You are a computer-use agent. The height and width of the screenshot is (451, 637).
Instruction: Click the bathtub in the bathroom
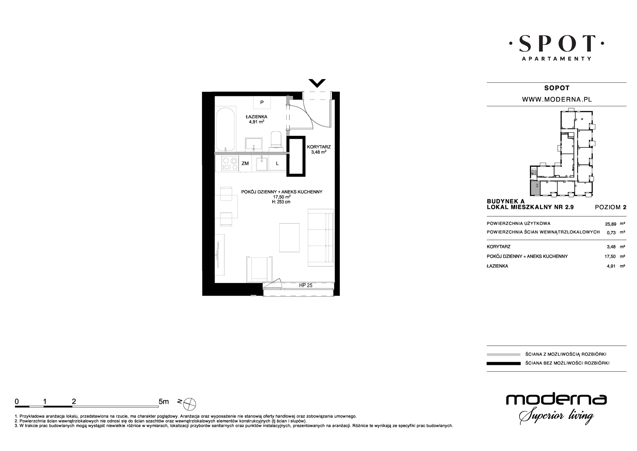coord(225,129)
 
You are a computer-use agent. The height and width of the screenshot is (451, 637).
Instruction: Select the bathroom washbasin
coord(254,144)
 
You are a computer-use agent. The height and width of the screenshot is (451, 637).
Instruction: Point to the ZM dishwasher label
coord(245,164)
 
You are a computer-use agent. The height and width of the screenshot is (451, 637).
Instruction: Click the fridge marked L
coord(277,164)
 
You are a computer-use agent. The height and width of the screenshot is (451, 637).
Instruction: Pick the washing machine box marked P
coord(262,102)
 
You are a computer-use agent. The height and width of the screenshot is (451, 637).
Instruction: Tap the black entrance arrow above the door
coord(317,83)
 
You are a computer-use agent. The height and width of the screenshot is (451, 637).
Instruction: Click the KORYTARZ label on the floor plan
coord(319,147)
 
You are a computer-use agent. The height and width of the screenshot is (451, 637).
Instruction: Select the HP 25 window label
coord(306,285)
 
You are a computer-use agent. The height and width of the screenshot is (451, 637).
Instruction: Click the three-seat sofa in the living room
coord(321,238)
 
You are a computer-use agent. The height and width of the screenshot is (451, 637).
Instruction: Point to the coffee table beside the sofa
coord(290,238)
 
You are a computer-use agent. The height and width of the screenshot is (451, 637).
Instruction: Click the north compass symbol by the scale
coord(190,404)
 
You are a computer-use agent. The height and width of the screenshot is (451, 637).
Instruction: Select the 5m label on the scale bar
coord(164,402)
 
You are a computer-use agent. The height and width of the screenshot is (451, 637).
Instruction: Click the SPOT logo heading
coord(557,43)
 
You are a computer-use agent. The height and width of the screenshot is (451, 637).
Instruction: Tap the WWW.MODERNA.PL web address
coord(557,100)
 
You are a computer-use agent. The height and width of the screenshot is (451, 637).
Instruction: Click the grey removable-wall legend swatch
coord(504,354)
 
